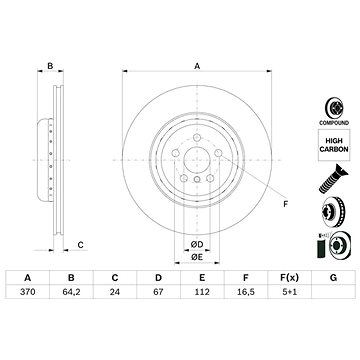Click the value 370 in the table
click(28, 292)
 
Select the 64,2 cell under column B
click(71, 292)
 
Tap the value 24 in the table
click(115, 292)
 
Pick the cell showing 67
click(158, 292)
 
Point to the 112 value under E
click(202, 292)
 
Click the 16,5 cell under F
click(246, 292)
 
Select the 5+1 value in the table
click(289, 292)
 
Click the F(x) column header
click(289, 277)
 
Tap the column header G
click(333, 277)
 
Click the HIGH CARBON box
click(334, 145)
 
